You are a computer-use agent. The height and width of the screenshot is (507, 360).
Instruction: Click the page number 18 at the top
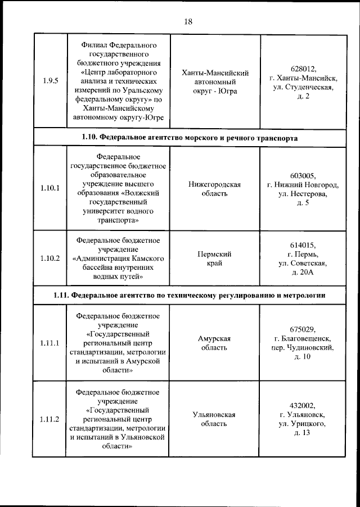(188, 21)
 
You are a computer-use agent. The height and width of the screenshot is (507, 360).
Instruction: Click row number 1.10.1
(49, 188)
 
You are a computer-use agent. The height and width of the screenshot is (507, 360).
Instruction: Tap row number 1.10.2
(49, 259)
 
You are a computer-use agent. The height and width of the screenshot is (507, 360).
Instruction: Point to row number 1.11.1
(49, 343)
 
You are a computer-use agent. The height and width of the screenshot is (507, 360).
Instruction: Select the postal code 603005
(303, 175)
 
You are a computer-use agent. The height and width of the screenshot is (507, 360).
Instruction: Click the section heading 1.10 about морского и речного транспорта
(189, 138)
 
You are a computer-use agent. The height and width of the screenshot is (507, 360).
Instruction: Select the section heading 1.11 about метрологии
(189, 295)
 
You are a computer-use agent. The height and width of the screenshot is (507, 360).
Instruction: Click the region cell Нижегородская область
(214, 189)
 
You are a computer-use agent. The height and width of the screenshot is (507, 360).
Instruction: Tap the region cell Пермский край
(214, 259)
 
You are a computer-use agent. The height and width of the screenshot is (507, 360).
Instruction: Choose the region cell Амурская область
(214, 343)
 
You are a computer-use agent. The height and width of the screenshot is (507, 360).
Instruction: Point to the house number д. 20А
(303, 273)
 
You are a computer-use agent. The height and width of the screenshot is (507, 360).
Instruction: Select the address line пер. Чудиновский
(303, 348)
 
